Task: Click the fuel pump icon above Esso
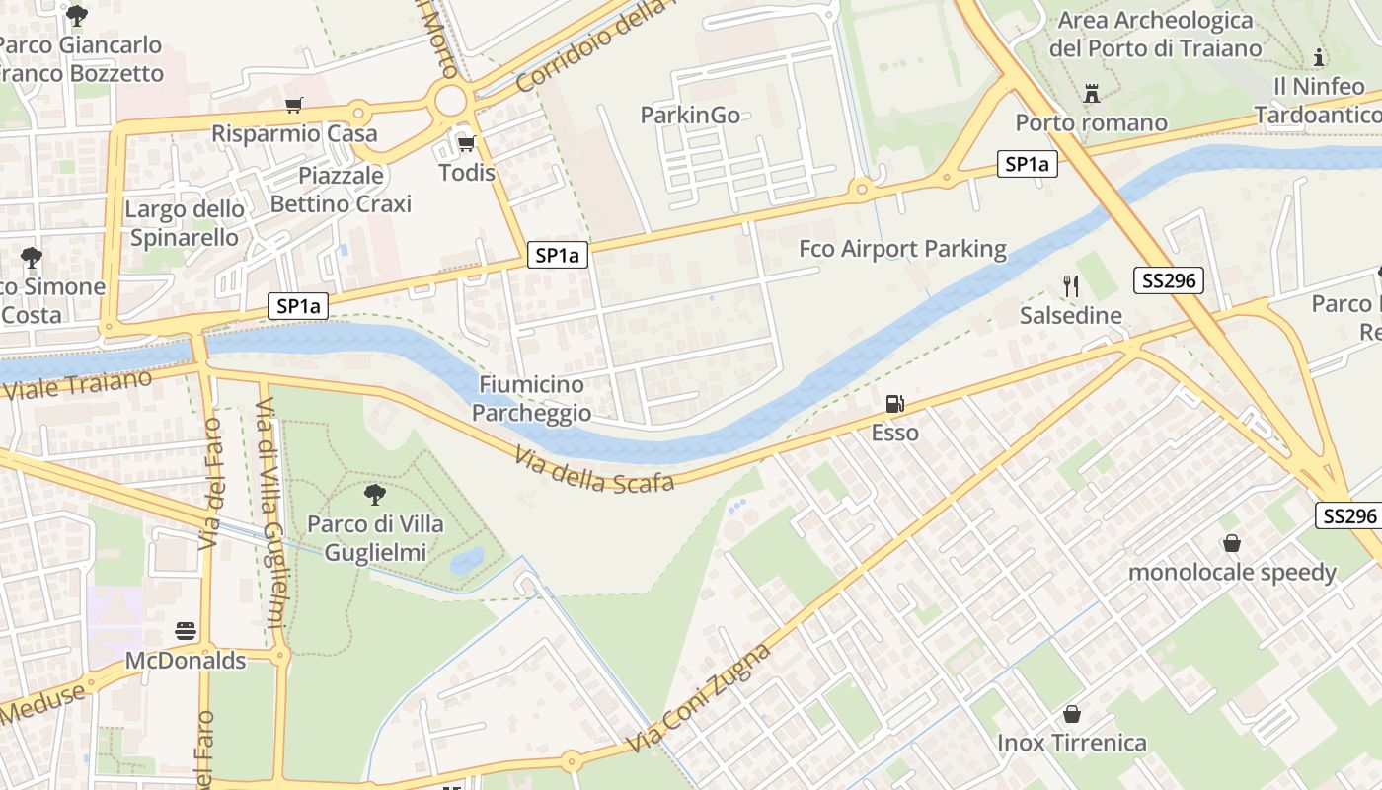click(894, 403)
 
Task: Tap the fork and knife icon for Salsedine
click(1071, 286)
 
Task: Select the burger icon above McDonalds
click(186, 630)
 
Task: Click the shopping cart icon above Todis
click(467, 144)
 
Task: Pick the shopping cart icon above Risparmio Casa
click(293, 106)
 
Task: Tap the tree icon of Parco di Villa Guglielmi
click(374, 494)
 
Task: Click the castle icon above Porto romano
click(1092, 94)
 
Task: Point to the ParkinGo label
click(690, 116)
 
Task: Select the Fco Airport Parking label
click(902, 249)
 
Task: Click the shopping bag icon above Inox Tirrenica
click(1072, 713)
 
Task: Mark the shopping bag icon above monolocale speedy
click(1232, 543)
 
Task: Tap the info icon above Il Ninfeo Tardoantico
click(1319, 57)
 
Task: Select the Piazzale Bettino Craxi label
click(341, 190)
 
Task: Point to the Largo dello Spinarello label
click(185, 223)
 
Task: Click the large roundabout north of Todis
click(450, 100)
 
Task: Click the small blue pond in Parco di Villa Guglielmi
click(467, 561)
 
